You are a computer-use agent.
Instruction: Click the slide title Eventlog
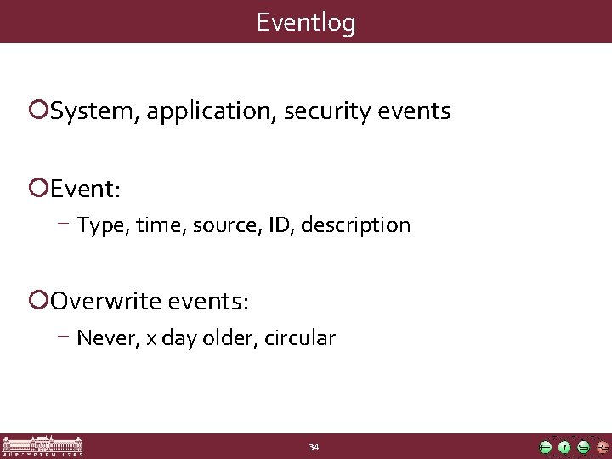click(306, 22)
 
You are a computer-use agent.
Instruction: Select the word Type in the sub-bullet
click(100, 226)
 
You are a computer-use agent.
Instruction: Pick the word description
click(356, 225)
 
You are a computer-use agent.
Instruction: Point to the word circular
click(300, 338)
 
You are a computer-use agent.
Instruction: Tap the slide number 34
click(314, 447)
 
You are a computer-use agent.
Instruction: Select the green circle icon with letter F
click(546, 447)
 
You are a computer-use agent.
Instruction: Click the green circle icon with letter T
click(564, 447)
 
